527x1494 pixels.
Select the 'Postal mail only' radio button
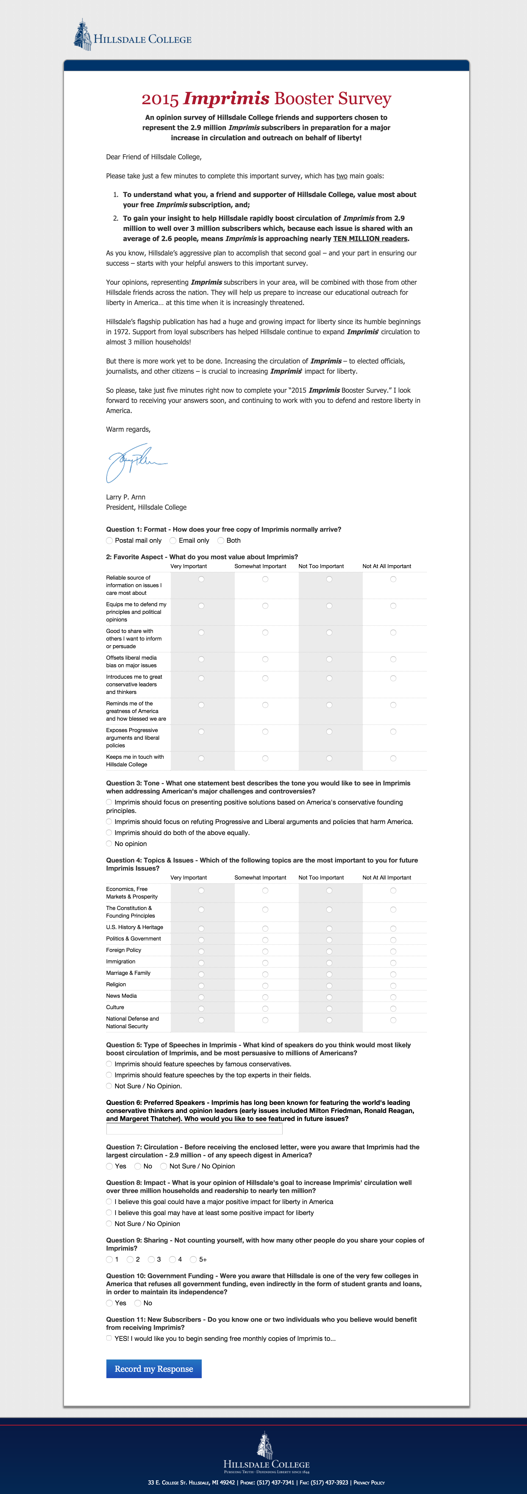[109, 541]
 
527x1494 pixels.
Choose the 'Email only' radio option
[173, 541]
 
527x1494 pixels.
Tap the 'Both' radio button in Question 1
[221, 541]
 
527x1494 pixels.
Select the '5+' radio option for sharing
[193, 1259]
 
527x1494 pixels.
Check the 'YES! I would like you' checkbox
[109, 1338]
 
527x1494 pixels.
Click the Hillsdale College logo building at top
[83, 35]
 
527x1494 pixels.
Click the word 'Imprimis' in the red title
[226, 98]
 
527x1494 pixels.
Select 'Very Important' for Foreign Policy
[201, 951]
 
